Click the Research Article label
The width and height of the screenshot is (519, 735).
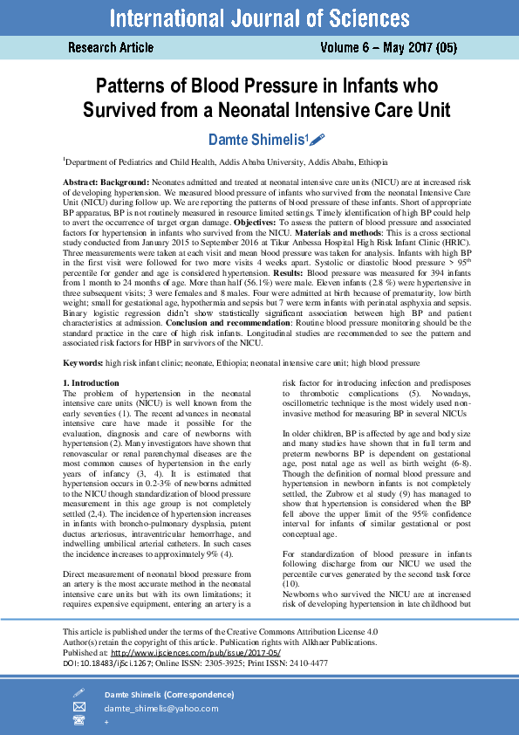click(111, 47)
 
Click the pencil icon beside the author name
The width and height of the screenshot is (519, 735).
click(318, 139)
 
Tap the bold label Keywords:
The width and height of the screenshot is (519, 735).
click(83, 360)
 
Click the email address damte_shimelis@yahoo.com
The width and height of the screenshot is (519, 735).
click(160, 708)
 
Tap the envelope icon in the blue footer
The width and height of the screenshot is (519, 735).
click(79, 708)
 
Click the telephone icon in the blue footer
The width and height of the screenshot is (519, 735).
click(79, 720)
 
